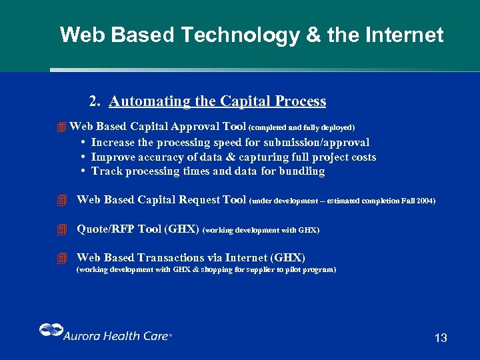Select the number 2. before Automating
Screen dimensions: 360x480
pos(95,101)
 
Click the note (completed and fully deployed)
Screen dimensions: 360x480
pos(301,127)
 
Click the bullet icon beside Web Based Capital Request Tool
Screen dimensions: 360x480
pos(62,200)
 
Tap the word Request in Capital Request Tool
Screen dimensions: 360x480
pos(199,200)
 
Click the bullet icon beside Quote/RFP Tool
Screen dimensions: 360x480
pos(62,229)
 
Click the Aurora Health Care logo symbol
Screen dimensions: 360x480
pos(50,331)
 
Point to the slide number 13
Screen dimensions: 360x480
pos(441,338)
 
